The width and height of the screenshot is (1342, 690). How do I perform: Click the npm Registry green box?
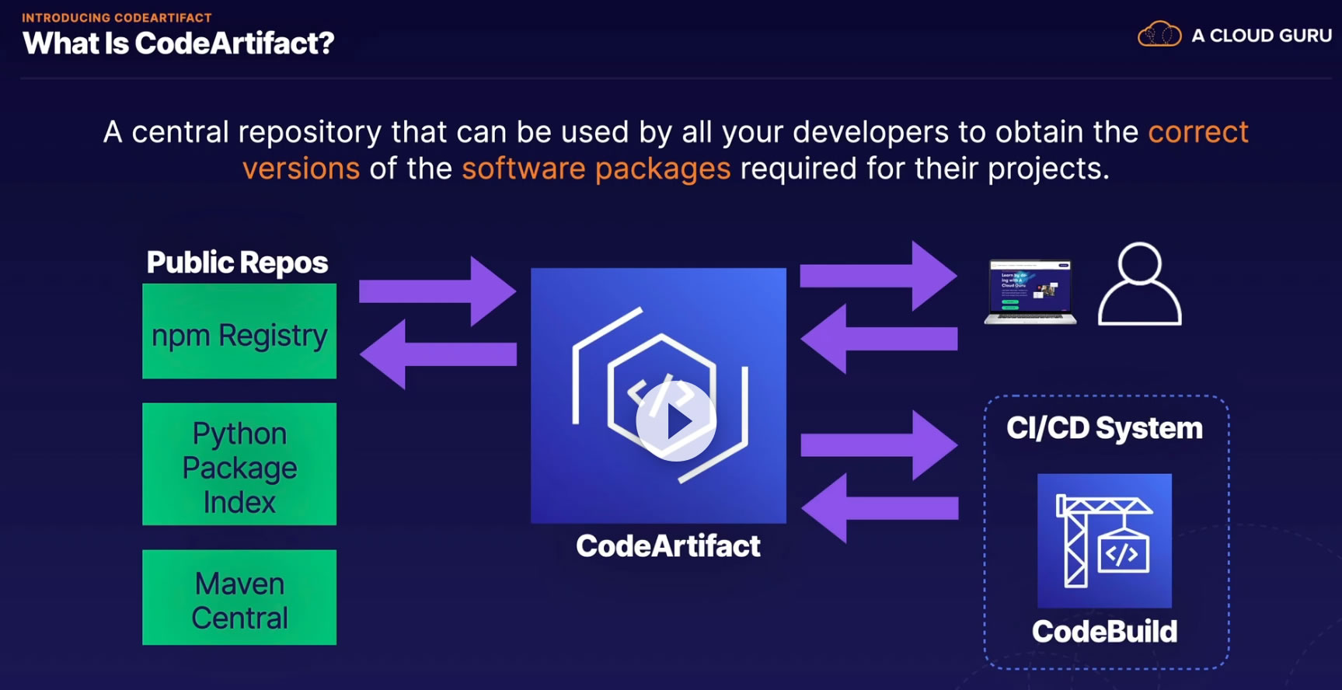point(239,331)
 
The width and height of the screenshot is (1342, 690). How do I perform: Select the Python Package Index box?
point(239,464)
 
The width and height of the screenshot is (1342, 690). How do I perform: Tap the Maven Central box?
point(239,598)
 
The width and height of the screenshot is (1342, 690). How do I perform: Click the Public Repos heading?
point(237,263)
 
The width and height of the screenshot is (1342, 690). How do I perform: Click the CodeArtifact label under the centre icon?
point(668,545)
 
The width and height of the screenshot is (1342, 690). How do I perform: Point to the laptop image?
point(1030,292)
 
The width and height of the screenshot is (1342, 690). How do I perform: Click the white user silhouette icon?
point(1140,284)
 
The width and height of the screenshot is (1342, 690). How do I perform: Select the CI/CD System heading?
point(1104,428)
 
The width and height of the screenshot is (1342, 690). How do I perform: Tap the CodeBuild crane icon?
point(1104,541)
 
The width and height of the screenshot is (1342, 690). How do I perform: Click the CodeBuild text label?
point(1104,631)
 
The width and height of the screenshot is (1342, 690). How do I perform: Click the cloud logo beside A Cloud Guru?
point(1159,34)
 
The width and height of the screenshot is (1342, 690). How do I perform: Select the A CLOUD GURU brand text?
point(1262,36)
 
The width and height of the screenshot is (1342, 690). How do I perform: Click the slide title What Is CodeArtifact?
point(179,44)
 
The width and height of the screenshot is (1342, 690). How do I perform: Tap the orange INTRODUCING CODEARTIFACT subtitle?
point(117,18)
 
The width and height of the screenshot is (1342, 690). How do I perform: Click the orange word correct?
point(1198,132)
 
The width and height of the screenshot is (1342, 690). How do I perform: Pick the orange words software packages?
point(596,169)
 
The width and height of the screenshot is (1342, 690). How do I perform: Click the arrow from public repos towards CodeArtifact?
point(437,291)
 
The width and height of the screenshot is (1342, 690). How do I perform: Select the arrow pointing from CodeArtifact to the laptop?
point(879,276)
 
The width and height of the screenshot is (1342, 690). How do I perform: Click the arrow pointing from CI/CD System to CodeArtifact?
point(880,508)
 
